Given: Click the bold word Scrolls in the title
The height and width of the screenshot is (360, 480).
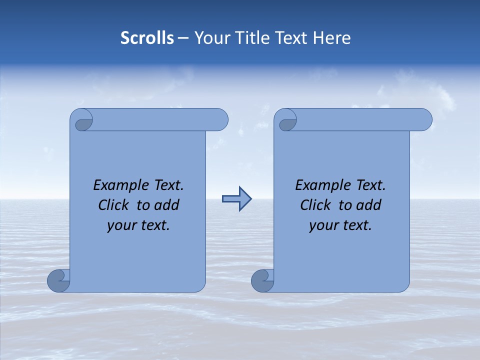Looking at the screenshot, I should point(147,38).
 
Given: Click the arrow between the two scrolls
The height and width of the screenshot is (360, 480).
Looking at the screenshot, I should point(236,199).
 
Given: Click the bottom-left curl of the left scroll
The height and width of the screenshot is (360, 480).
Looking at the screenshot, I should point(58,280).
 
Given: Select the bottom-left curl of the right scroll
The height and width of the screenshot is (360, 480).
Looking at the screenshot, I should point(262,280).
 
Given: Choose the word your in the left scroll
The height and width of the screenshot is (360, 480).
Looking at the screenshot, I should point(121,226).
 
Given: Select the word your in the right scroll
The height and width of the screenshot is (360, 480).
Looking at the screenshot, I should point(323,226).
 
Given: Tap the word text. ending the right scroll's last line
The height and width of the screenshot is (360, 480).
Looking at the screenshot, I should point(356,226).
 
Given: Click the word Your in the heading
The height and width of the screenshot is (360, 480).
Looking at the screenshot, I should point(208,38).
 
